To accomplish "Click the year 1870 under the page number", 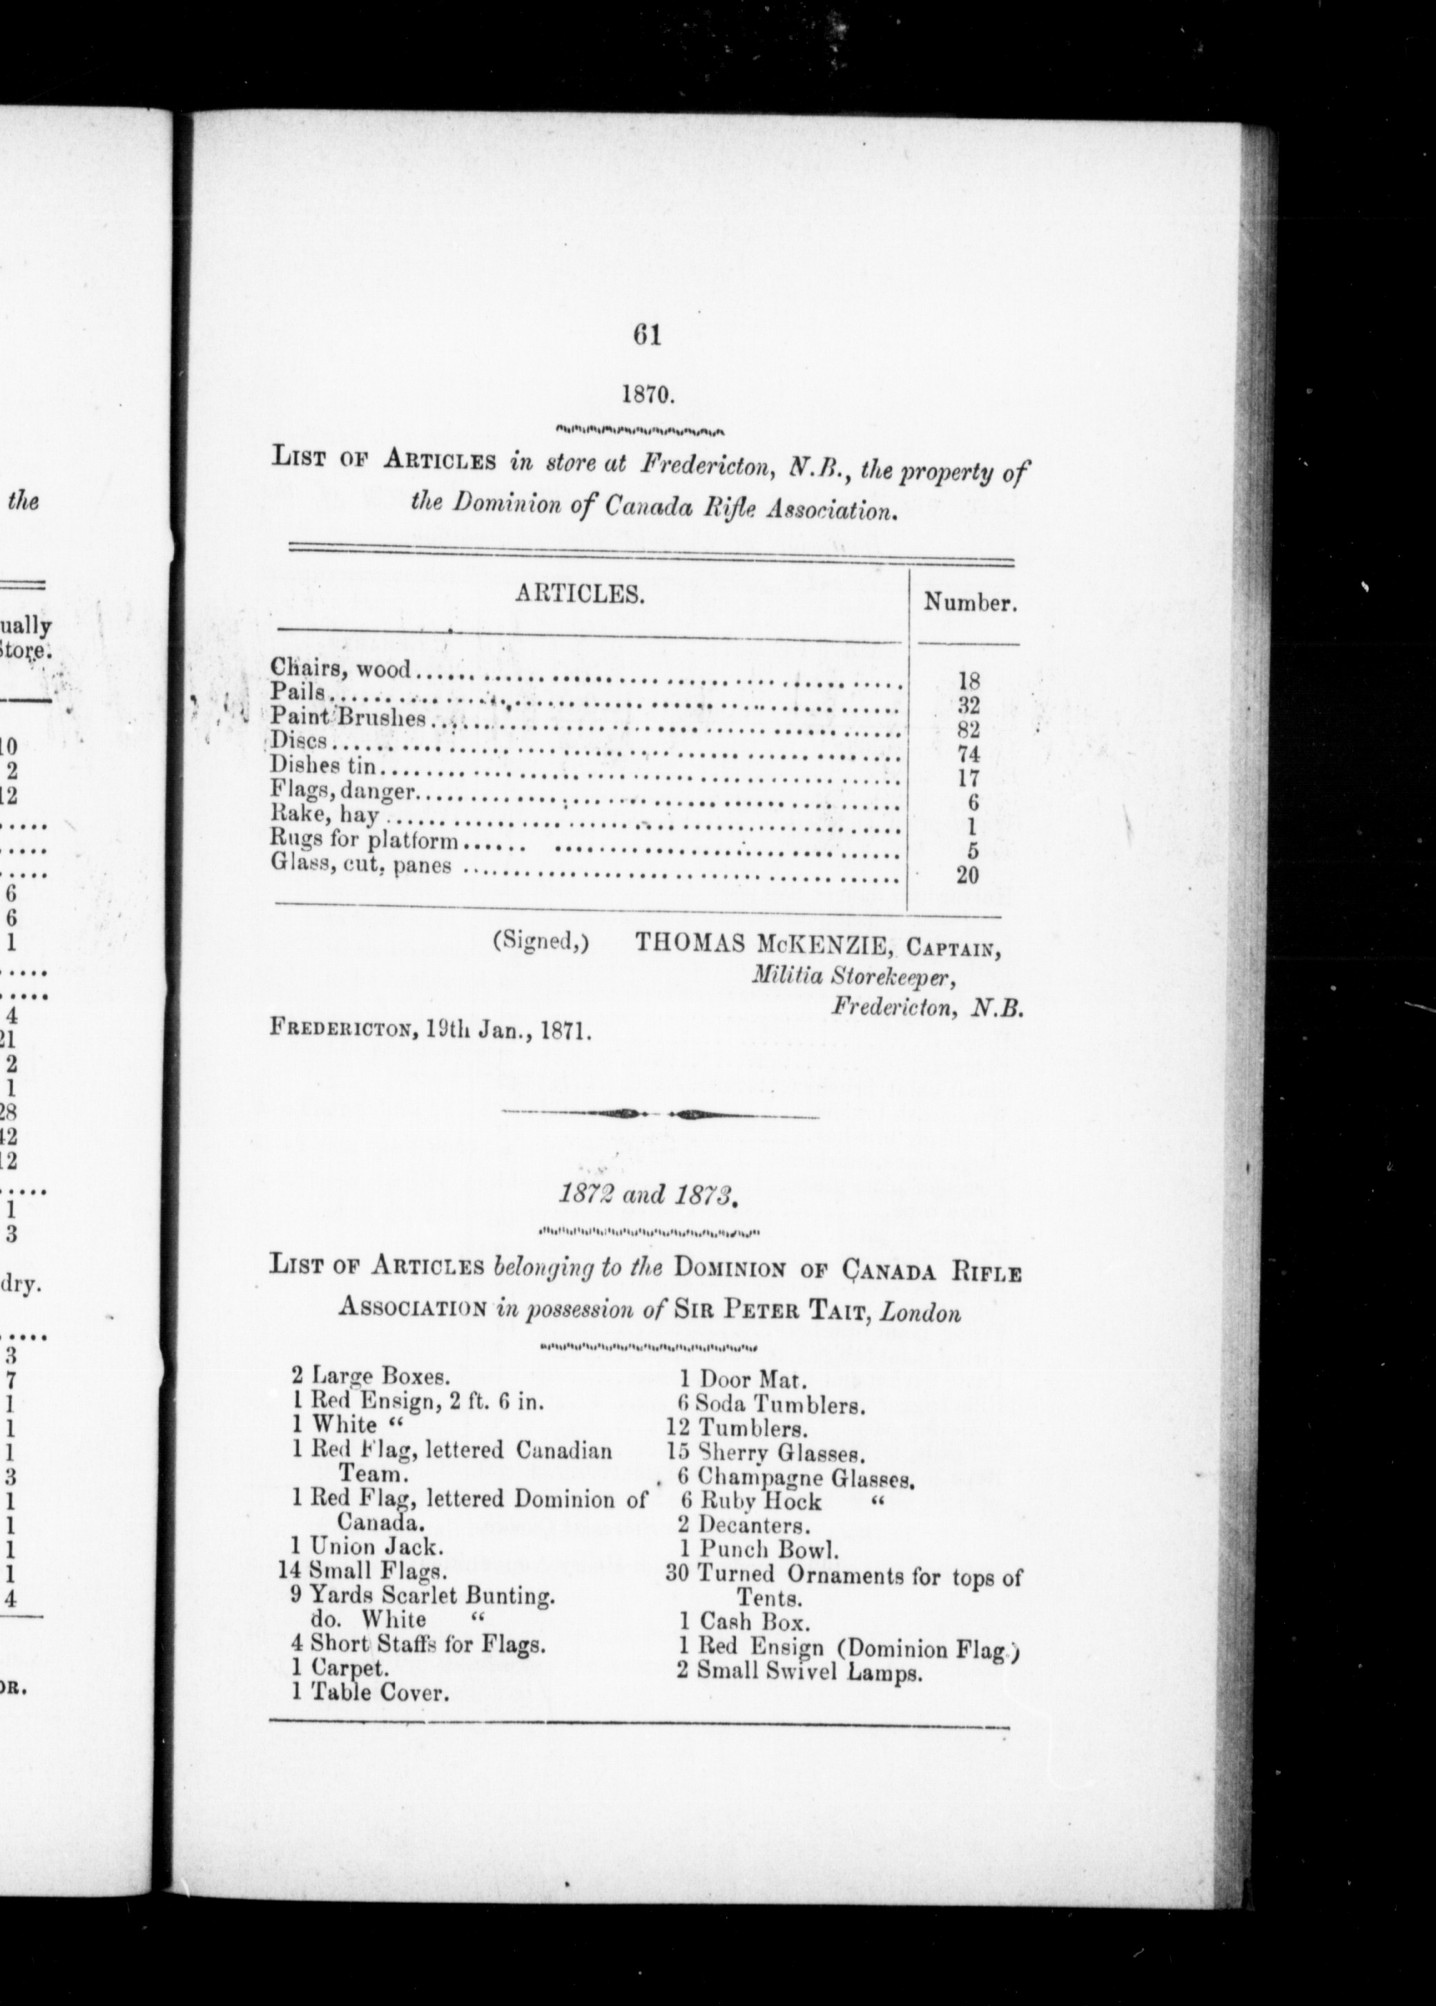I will coord(648,394).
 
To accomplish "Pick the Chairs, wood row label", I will coord(341,668).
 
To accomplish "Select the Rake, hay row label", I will coord(324,816).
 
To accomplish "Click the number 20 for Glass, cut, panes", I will coord(967,876).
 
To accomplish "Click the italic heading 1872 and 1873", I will coord(648,1194).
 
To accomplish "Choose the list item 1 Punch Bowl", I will coord(759,1549).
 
